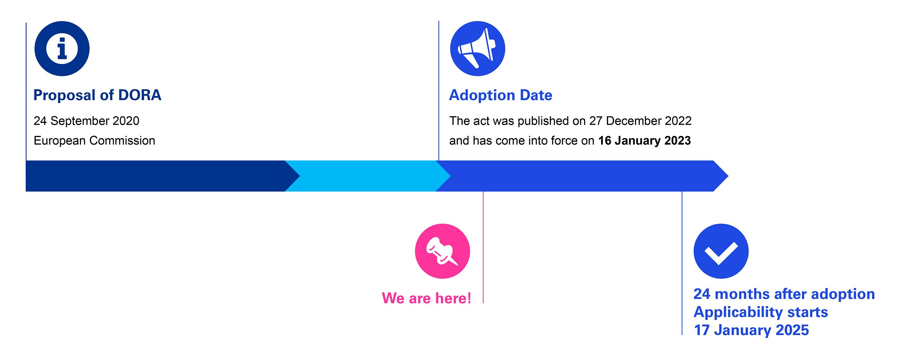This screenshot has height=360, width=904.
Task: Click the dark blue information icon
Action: (x=62, y=48)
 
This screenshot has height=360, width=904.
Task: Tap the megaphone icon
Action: (x=477, y=48)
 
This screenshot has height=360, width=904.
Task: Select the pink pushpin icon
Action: (x=442, y=251)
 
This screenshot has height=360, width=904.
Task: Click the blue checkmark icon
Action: (x=721, y=251)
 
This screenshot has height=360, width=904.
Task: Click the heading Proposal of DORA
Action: (x=97, y=95)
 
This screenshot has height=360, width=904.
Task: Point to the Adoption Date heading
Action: (x=501, y=95)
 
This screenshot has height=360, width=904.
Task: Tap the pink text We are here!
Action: (x=427, y=298)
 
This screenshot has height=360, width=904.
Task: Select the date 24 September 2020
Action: (x=86, y=121)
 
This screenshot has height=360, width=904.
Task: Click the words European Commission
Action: (x=94, y=141)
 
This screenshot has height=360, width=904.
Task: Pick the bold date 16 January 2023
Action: (x=644, y=141)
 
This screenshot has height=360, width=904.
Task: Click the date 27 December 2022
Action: (x=640, y=121)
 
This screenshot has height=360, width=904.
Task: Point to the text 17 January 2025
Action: (x=751, y=330)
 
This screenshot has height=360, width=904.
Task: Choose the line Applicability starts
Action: (x=761, y=312)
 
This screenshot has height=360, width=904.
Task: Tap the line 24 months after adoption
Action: (x=784, y=294)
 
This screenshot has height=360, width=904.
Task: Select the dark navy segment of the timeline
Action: (x=159, y=176)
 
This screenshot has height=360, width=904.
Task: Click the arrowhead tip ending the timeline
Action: (x=728, y=176)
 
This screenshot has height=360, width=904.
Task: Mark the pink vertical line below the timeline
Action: (x=483, y=247)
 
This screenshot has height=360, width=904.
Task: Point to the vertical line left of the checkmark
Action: (x=682, y=263)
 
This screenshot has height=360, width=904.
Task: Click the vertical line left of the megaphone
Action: (x=439, y=91)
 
